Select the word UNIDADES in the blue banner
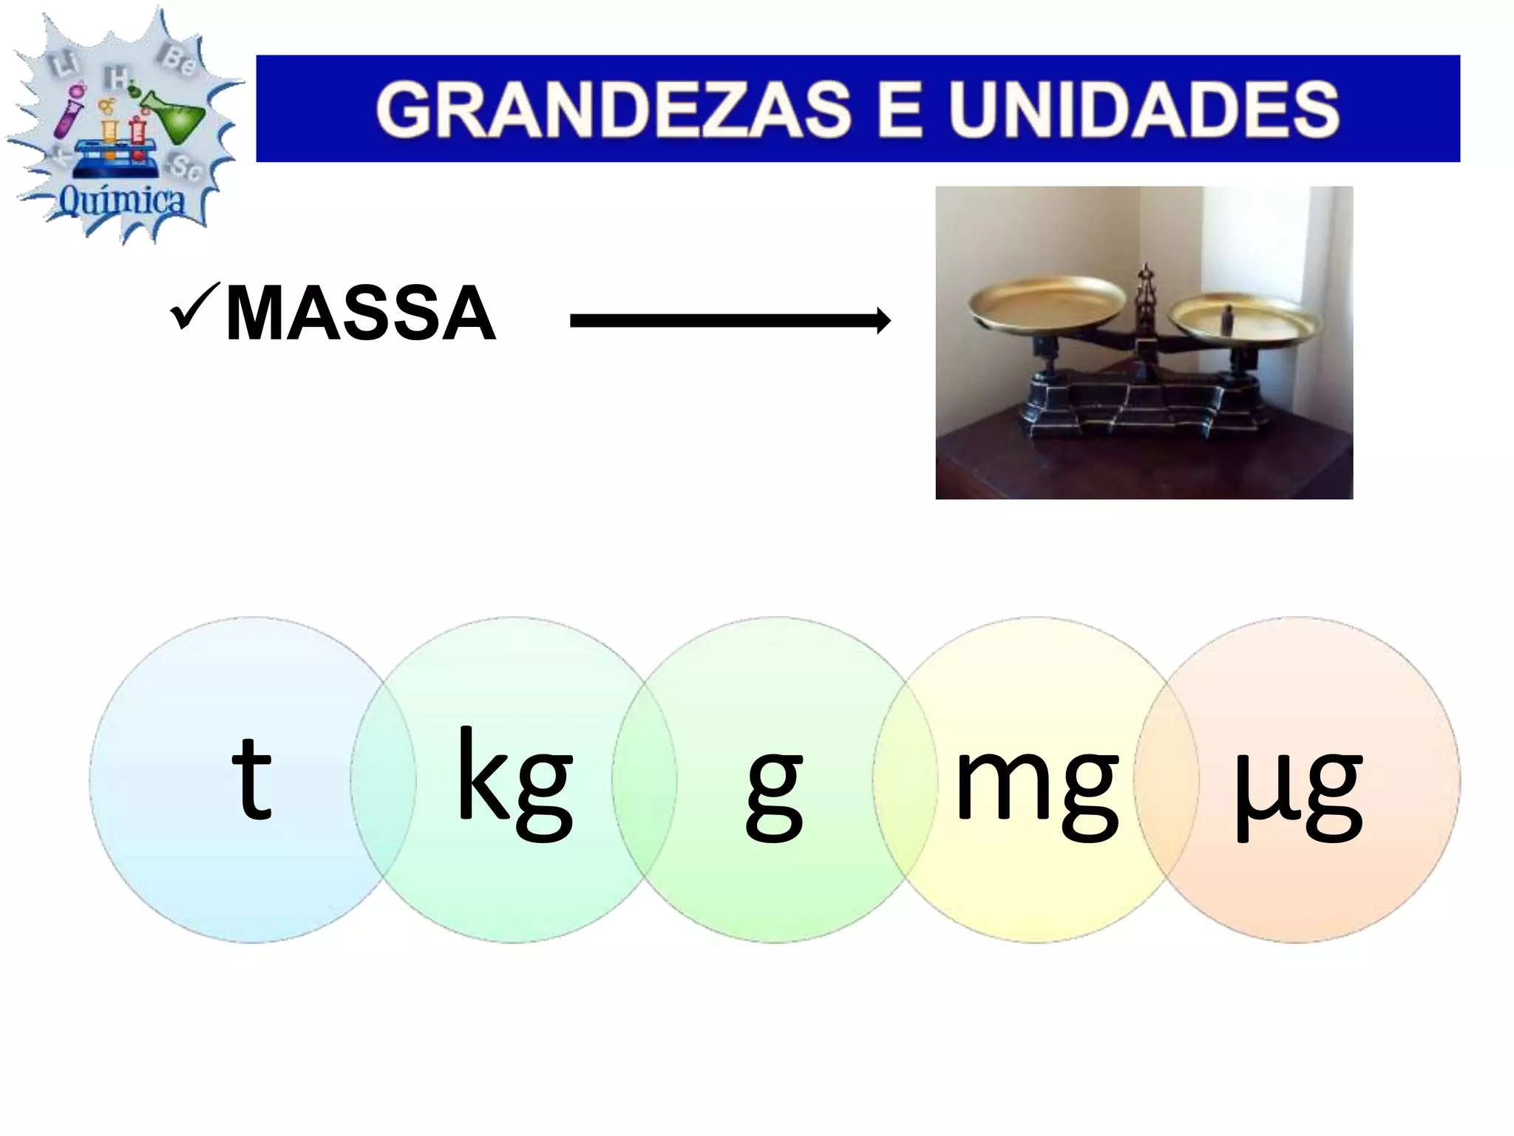pyautogui.click(x=1144, y=109)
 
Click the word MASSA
pyautogui.click(x=360, y=314)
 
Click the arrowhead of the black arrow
pyautogui.click(x=882, y=321)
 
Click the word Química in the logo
pyautogui.click(x=122, y=200)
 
